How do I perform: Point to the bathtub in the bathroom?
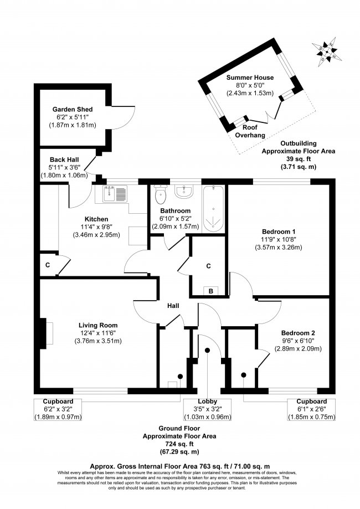[214, 209]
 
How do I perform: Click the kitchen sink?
[115, 194]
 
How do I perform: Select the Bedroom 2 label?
[298, 333]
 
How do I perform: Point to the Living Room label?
[98, 325]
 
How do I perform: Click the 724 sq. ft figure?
[178, 444]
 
